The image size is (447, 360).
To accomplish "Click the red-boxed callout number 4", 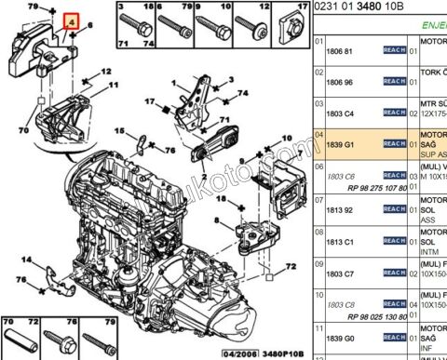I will click(x=67, y=20).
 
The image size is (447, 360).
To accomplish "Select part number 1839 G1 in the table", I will click(x=340, y=144).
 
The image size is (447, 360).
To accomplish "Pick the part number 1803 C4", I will click(x=341, y=112).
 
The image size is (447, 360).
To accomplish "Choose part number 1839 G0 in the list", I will click(x=341, y=338).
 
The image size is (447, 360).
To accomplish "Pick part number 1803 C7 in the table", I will click(x=341, y=273).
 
